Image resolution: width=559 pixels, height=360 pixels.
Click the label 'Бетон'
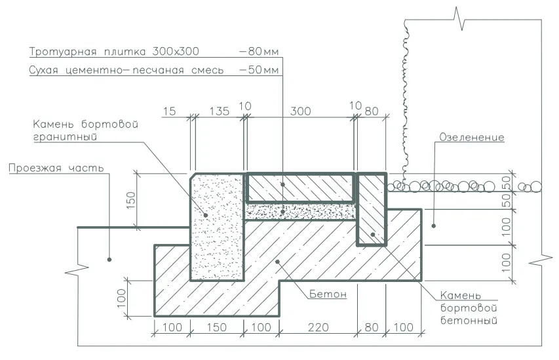click(328, 294)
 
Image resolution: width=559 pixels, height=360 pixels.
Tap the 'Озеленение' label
click(472, 137)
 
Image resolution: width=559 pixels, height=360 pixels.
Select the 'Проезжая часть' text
click(56, 168)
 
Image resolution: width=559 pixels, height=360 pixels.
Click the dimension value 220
click(318, 327)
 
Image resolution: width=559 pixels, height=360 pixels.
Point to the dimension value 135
click(219, 111)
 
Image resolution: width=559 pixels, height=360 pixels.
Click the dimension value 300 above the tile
click(300, 111)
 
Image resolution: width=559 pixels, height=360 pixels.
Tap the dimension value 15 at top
click(169, 111)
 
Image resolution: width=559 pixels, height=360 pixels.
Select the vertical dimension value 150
click(131, 201)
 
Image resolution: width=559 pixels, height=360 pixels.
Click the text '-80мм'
click(258, 51)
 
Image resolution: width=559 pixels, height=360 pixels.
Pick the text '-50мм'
click(258, 70)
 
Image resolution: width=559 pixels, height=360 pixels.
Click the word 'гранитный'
click(65, 137)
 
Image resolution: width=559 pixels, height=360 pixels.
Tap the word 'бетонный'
click(469, 320)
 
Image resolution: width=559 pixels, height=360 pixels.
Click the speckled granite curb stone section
click(217, 228)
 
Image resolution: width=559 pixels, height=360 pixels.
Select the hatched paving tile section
click(300, 188)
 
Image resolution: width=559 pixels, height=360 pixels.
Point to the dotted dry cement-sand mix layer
click(300, 212)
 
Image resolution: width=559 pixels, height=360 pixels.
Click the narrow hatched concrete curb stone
click(372, 209)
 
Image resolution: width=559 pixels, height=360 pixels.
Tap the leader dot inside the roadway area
click(109, 260)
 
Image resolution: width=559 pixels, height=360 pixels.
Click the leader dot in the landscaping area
click(434, 226)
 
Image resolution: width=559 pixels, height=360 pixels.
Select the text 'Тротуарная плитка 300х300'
click(114, 51)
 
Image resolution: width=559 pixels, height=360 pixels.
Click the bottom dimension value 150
click(216, 327)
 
